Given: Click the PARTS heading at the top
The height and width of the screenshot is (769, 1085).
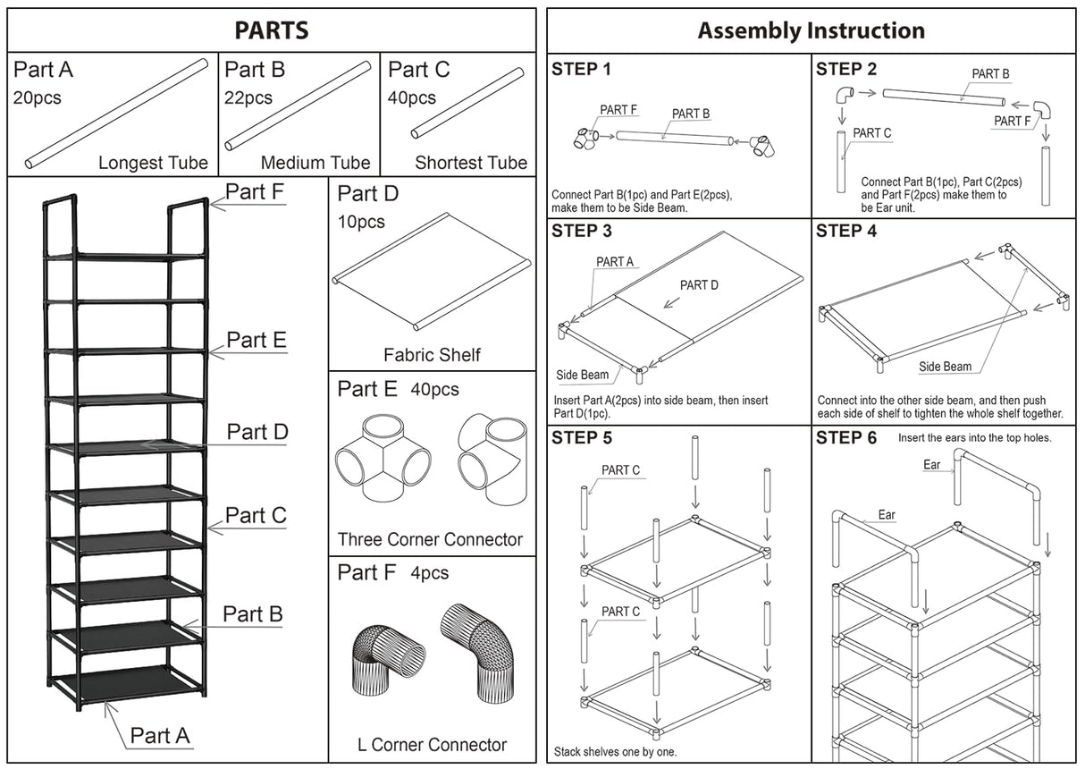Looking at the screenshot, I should (x=272, y=30).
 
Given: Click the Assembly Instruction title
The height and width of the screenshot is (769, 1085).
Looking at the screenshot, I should (x=811, y=30).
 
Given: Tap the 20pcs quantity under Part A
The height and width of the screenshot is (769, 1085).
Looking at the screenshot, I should (x=38, y=97).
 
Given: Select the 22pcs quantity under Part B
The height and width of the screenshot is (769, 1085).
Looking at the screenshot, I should (x=248, y=97).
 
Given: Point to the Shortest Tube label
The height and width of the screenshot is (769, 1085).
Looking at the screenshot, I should (x=471, y=163).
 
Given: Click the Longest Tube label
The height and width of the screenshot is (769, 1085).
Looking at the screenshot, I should (x=153, y=163).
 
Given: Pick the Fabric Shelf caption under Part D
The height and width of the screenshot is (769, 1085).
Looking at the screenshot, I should (x=432, y=355).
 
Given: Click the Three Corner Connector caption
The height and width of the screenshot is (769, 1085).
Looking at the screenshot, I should (x=430, y=539).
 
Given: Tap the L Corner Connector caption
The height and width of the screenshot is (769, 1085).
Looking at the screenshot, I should (x=432, y=744).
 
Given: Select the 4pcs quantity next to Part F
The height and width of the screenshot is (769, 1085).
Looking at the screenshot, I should (x=430, y=572).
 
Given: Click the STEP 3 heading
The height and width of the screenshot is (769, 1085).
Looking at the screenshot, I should (x=582, y=232).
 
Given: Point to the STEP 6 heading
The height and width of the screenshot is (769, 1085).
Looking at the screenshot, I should (x=846, y=438).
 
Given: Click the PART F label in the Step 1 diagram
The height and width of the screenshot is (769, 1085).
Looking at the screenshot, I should (x=618, y=110).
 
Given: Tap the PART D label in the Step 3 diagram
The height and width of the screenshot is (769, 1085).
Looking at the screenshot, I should (x=699, y=285).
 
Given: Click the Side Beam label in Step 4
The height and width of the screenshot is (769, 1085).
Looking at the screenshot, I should (x=945, y=367).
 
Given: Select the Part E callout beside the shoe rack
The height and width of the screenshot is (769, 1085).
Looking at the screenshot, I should (x=256, y=340).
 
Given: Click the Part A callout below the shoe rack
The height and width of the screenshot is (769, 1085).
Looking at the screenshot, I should (x=160, y=735).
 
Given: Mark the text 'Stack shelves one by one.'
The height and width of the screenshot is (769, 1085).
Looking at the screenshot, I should (x=615, y=751).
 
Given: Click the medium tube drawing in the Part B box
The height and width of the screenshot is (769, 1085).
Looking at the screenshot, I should (x=298, y=106).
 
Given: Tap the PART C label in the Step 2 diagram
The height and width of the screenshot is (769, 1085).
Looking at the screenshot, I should (x=871, y=133).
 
